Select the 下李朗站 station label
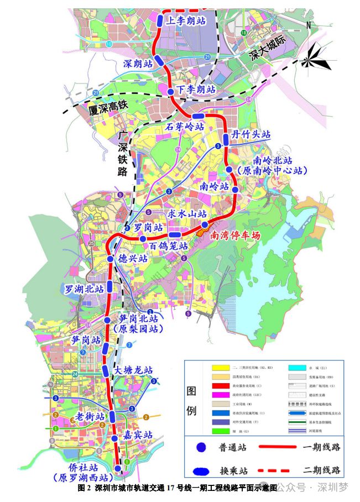(196, 90)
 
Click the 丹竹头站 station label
(251, 134)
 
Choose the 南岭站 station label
(215, 186)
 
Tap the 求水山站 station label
(187, 213)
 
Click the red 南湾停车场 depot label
(235, 234)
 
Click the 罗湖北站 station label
(84, 289)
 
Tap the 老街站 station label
(90, 416)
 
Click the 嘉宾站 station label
(138, 435)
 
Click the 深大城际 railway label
(269, 48)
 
